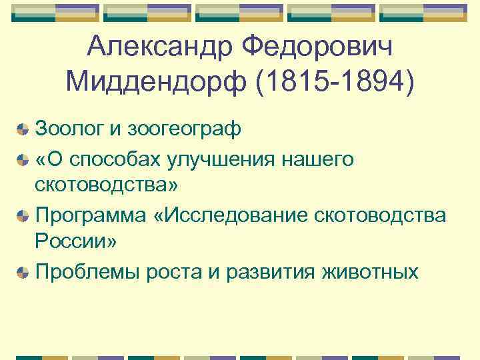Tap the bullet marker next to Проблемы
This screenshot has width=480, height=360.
23,273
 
